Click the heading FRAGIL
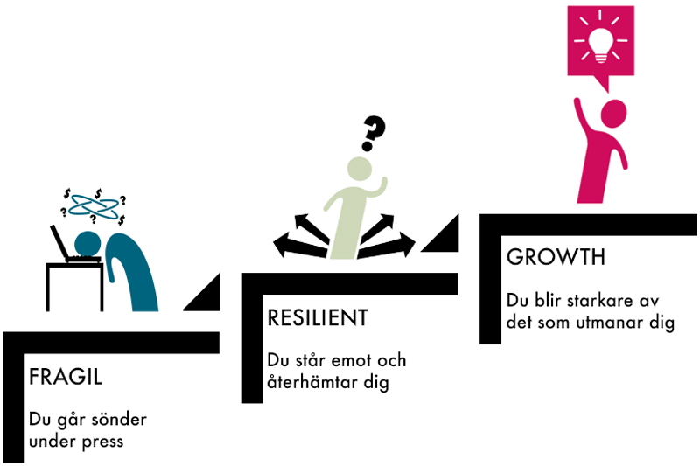pos(66,378)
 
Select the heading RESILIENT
pos(318,318)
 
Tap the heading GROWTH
pos(556,257)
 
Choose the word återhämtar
pos(312,382)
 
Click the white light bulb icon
pos(600,44)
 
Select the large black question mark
pos(373,134)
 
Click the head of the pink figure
pos(613,114)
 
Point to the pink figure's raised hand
pos(578,102)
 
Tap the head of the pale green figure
pos(360,169)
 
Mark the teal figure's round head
pos(87,244)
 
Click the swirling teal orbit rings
pos(94,207)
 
